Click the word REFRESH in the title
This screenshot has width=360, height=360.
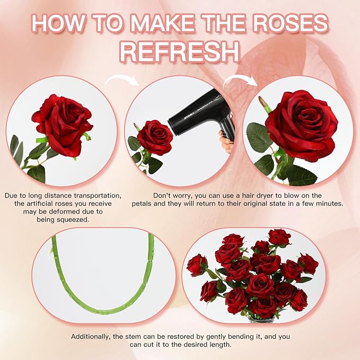tap(179, 52)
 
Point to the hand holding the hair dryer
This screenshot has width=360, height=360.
tap(226, 144)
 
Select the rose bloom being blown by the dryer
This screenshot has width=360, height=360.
tap(155, 136)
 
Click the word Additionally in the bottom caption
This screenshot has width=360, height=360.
tap(92, 337)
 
